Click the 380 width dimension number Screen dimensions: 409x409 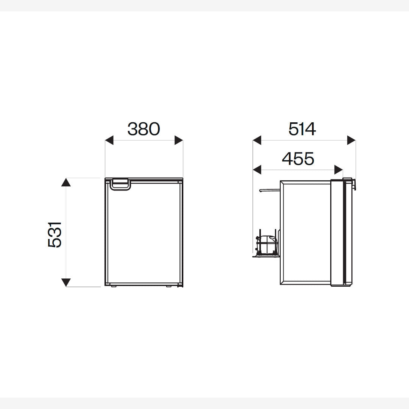coord(144,129)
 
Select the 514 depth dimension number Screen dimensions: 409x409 coord(302,129)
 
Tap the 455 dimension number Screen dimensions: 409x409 coord(298,159)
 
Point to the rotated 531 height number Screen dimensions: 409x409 coord(55,235)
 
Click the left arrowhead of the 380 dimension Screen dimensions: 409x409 coord(109,140)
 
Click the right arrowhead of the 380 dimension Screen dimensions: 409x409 coord(179,140)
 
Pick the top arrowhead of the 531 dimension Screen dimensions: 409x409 coord(66,182)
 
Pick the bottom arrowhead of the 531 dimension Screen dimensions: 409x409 coord(66,283)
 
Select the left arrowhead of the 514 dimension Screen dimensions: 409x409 coord(257,140)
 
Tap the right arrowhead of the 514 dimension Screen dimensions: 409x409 coord(351,140)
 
